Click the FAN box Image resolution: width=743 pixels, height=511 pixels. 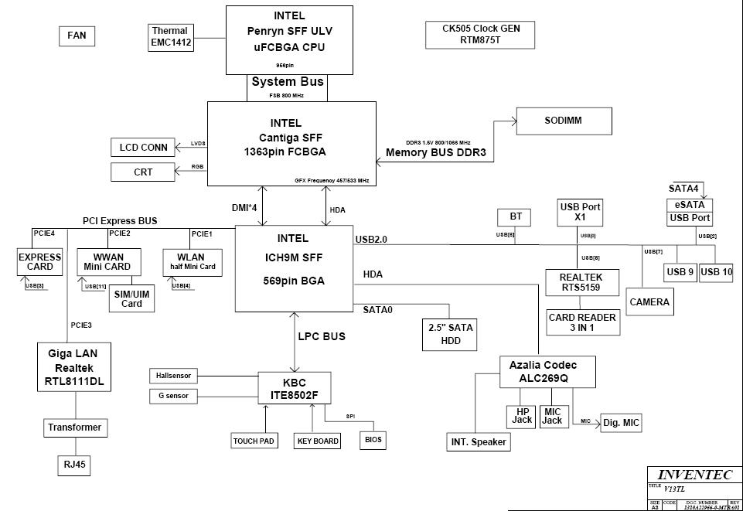click(x=77, y=36)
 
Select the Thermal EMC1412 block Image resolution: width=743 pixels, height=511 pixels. click(x=171, y=37)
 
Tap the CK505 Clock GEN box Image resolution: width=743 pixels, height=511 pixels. click(x=480, y=34)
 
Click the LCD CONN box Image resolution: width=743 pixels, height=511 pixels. click(x=143, y=148)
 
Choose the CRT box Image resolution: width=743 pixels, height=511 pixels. click(x=143, y=172)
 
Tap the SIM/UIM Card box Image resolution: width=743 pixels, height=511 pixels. click(x=131, y=298)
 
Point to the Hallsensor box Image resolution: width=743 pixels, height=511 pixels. click(x=172, y=376)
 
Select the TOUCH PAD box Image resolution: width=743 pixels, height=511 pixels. click(x=254, y=441)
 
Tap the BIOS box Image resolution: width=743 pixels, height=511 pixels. click(x=373, y=440)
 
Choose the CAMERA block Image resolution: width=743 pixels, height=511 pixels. click(x=649, y=301)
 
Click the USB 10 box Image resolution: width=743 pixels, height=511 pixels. click(x=717, y=272)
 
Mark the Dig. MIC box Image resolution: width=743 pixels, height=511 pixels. click(x=621, y=423)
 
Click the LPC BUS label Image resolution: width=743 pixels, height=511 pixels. click(x=322, y=336)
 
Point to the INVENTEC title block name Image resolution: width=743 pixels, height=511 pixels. click(x=694, y=475)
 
